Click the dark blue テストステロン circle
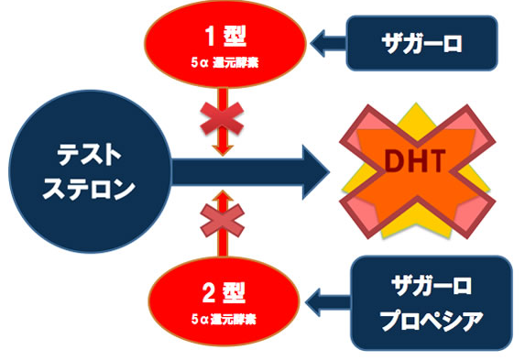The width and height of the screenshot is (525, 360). (x=90, y=171)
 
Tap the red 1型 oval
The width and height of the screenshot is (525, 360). (x=225, y=44)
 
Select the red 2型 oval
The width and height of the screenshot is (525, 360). (x=224, y=301)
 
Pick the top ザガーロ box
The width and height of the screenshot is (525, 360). (x=421, y=43)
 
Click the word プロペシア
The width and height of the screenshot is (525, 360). (x=432, y=320)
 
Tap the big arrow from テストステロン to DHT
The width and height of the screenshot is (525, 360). (x=250, y=172)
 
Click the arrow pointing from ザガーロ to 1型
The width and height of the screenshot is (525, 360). (x=328, y=43)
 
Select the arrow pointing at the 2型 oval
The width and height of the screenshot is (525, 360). (x=328, y=302)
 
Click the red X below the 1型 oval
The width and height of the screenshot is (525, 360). (x=222, y=118)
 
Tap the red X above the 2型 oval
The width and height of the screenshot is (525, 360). (x=223, y=221)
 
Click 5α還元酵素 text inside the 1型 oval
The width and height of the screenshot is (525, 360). (x=224, y=62)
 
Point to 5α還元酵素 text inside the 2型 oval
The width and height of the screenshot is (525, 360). (x=224, y=319)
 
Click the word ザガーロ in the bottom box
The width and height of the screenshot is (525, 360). (x=432, y=287)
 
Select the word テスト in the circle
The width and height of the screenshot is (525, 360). (x=89, y=156)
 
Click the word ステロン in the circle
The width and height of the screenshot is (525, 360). (x=89, y=189)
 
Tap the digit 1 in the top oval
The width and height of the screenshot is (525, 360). (x=210, y=36)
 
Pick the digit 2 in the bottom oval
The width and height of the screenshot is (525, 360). (x=208, y=293)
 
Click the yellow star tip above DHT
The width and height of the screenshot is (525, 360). (x=416, y=104)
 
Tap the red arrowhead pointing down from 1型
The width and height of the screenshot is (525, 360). (x=223, y=150)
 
